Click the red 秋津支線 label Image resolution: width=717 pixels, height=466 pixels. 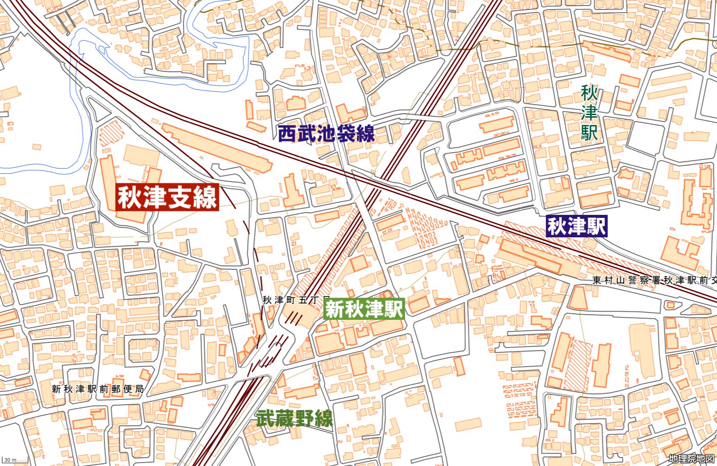167,198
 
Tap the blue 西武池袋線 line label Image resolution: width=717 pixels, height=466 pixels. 326,134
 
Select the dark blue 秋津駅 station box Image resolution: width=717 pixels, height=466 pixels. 576,226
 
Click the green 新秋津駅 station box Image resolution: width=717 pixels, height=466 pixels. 364,309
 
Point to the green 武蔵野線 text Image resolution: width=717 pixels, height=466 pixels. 294,418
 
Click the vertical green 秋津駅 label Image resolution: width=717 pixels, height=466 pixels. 589,113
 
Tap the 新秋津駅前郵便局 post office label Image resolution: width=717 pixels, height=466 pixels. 98,389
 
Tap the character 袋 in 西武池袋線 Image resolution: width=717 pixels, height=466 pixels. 350,134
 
